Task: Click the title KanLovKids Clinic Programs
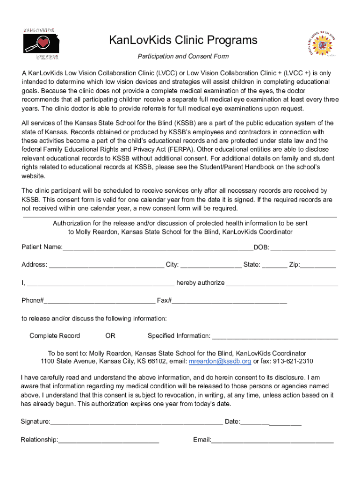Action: click(183, 40)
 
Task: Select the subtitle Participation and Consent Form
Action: click(183, 57)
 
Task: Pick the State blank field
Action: click(274, 265)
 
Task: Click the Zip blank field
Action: click(318, 265)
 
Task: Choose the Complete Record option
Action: click(55, 336)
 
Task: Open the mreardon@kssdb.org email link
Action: click(220, 362)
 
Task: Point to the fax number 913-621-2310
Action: click(293, 362)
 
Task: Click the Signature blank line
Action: click(137, 422)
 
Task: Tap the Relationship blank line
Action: click(108, 440)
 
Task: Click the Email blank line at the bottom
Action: click(273, 440)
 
